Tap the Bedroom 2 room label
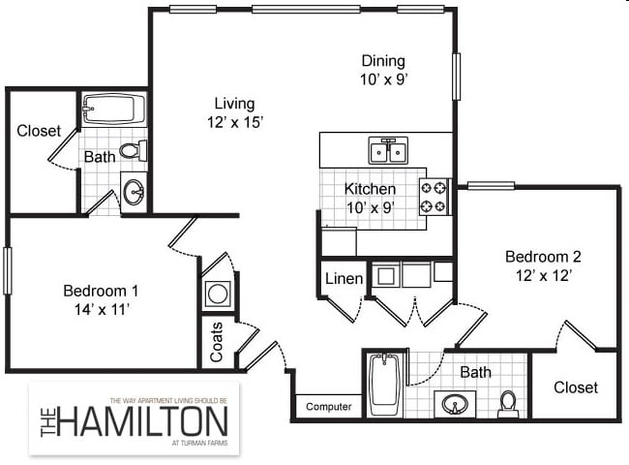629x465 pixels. point(543,257)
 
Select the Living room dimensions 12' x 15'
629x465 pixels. point(234,122)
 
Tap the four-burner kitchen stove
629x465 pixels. point(434,197)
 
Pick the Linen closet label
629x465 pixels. point(344,279)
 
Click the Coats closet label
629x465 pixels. point(217,342)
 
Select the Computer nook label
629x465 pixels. point(328,407)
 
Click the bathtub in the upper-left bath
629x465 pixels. point(113,109)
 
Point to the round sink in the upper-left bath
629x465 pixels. point(135,191)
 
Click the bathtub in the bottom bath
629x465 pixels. point(384,385)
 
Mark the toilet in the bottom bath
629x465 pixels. point(508,402)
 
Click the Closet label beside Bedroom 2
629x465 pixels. point(575,387)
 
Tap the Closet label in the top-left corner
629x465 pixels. point(39,131)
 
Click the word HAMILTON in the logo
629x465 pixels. point(145,421)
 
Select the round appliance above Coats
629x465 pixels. point(218,294)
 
